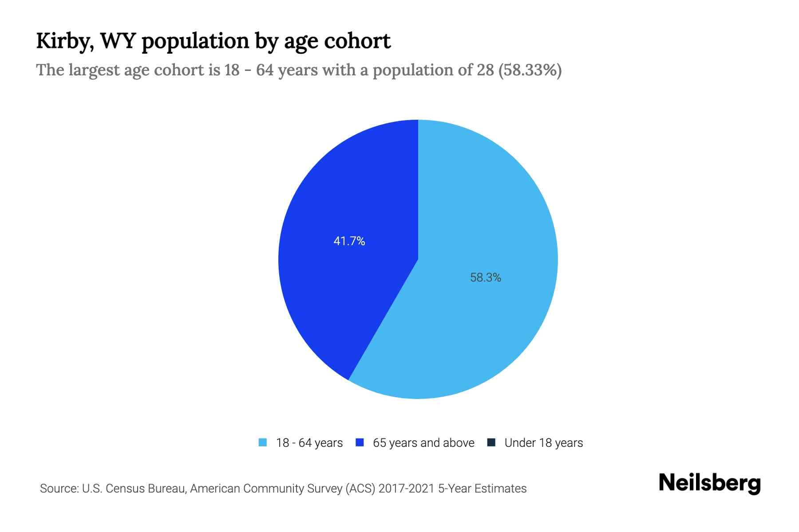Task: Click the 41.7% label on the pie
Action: [x=349, y=241]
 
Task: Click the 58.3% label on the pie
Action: [x=486, y=278]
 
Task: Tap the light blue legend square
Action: [x=263, y=442]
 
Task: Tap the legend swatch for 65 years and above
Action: [x=360, y=442]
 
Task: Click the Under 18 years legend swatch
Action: [x=491, y=442]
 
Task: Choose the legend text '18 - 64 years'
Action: [x=309, y=443]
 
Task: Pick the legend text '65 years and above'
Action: [x=423, y=443]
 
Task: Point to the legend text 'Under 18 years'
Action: [x=544, y=443]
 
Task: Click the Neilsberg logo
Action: [x=709, y=484]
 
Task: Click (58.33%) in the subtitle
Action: [x=530, y=70]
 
